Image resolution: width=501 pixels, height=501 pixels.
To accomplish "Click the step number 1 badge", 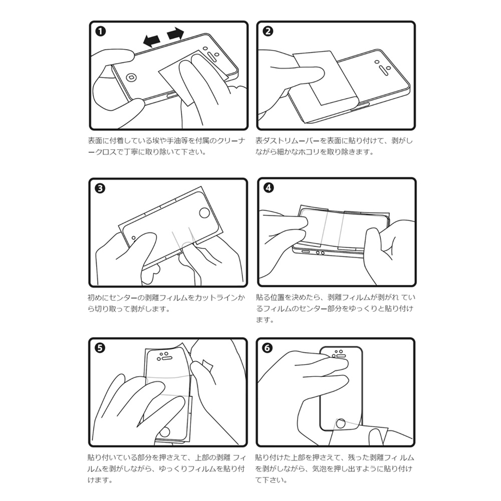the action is pyautogui.click(x=101, y=31).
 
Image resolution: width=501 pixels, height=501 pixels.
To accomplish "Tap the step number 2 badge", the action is pyautogui.click(x=268, y=31).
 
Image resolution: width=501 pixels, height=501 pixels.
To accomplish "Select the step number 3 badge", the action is pyautogui.click(x=100, y=188).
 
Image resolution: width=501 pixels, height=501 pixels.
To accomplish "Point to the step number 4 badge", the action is pyautogui.click(x=269, y=188).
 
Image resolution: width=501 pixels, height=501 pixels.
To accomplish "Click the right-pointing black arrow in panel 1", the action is pyautogui.click(x=176, y=34).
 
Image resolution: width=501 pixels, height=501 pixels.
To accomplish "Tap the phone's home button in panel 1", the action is pyautogui.click(x=131, y=77).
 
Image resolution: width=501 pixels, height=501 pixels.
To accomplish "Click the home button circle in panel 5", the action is pyautogui.click(x=165, y=432).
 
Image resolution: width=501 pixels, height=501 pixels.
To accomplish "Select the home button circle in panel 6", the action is pyautogui.click(x=341, y=423).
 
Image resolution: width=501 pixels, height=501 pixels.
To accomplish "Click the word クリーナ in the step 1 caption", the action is pyautogui.click(x=231, y=141).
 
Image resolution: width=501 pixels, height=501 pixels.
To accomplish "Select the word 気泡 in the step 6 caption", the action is pyautogui.click(x=319, y=469).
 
